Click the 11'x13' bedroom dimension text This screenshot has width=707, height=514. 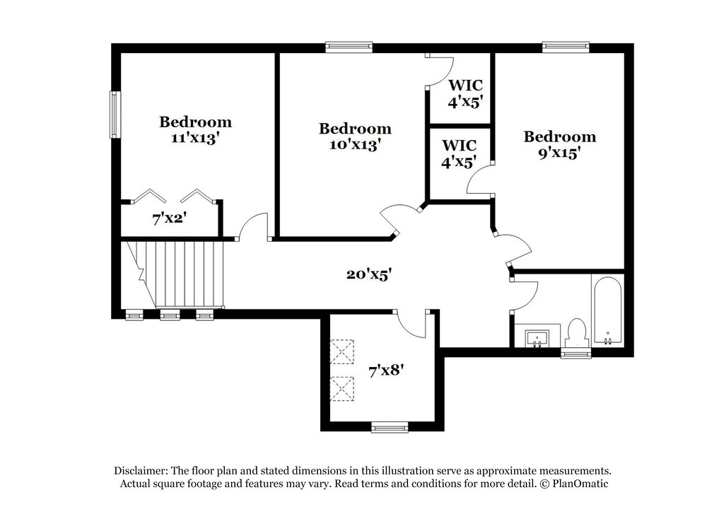pos(195,138)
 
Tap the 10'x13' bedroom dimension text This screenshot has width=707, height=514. pos(355,145)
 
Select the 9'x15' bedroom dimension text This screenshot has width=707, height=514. pos(559,153)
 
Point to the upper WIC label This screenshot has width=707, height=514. pos(465,85)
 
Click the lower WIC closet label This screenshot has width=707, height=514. pos(459,145)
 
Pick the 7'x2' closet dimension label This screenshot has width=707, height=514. pos(170,219)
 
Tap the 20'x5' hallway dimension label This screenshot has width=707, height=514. pos(369,274)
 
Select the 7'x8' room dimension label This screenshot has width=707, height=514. pos(386,371)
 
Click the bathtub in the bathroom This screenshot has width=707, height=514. pos(607,310)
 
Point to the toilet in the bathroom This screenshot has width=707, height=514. pos(576,334)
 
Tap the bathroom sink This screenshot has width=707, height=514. pos(537,338)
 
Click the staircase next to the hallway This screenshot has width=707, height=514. pos(174,274)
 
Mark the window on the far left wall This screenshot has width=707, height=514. pos(115,115)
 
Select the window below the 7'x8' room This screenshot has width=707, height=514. pos(390,426)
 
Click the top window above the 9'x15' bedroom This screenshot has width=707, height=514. pos(566,47)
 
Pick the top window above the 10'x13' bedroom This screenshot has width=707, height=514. pos(349,47)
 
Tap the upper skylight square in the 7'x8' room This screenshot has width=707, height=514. pos(342,351)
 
